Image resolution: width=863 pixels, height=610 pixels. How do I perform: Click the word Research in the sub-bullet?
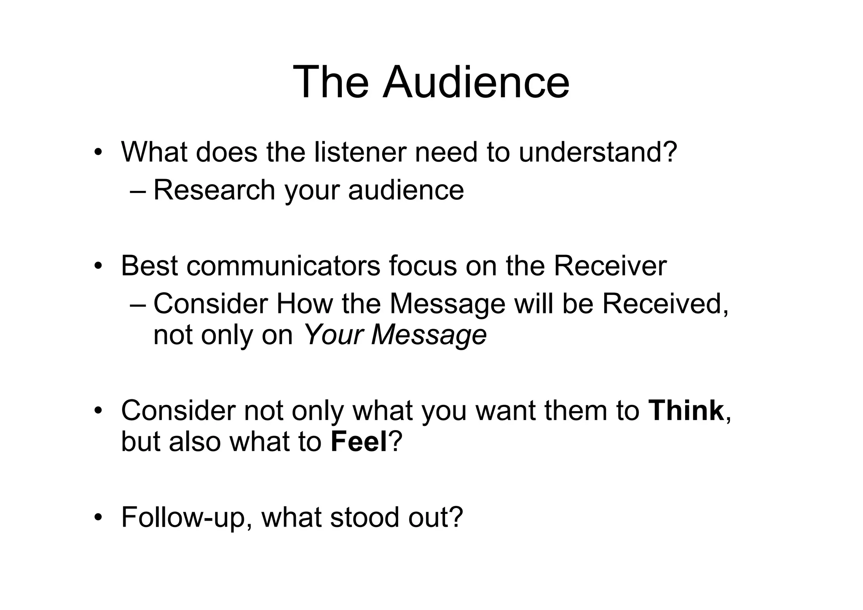click(x=214, y=190)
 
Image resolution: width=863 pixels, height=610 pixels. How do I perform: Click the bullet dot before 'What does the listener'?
click(x=98, y=152)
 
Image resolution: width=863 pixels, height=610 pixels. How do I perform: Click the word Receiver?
click(x=610, y=266)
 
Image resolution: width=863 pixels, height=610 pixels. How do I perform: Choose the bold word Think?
click(x=686, y=411)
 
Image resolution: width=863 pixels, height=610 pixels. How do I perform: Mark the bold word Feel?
click(x=359, y=442)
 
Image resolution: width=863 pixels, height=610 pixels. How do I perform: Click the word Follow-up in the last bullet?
click(x=183, y=517)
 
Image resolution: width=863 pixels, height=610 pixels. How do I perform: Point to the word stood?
click(x=364, y=517)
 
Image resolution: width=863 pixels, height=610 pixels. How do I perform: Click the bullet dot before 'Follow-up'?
click(x=98, y=518)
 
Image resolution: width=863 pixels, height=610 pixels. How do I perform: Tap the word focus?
click(x=423, y=266)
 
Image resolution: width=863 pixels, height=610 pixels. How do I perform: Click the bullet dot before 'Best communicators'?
click(x=98, y=266)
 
